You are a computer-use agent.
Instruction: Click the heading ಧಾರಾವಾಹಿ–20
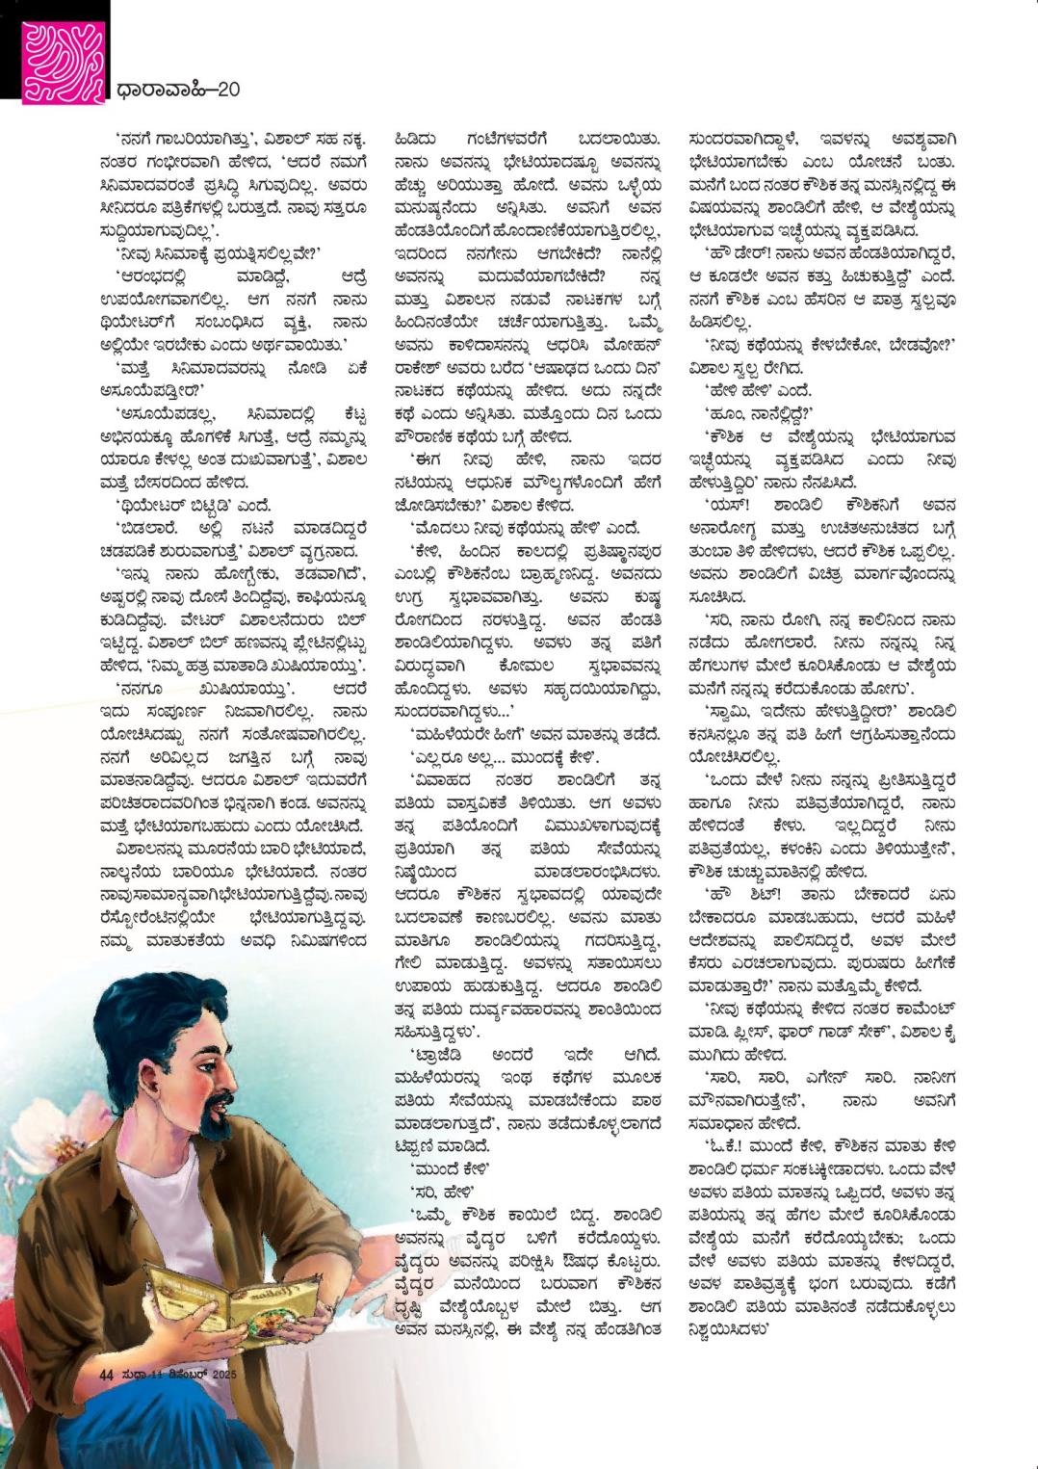point(177,91)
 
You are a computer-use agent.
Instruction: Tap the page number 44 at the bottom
point(107,1375)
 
